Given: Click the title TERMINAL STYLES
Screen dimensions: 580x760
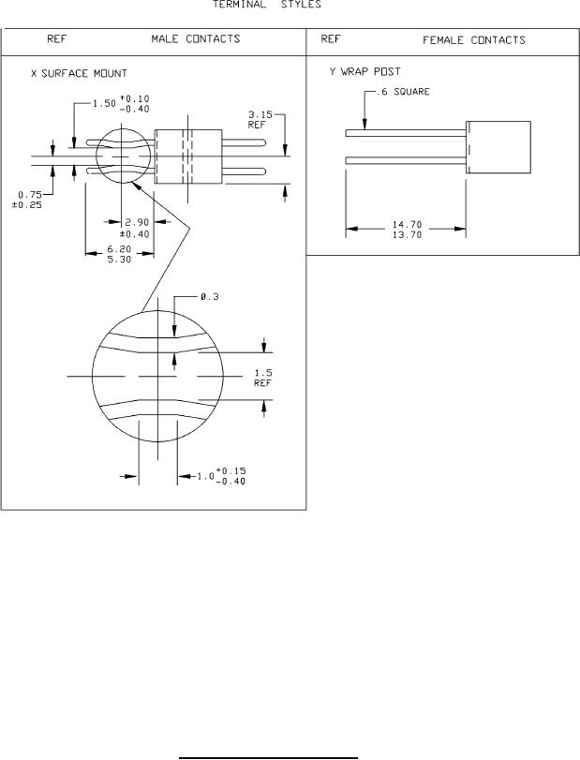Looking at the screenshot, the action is (x=267, y=5).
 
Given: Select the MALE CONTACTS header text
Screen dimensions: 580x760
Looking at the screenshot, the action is (x=196, y=38).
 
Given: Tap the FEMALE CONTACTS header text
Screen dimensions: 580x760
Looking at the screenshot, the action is (x=474, y=39).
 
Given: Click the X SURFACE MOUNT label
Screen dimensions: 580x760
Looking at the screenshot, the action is (x=79, y=74).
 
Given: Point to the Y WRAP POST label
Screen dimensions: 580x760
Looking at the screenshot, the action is (x=364, y=72).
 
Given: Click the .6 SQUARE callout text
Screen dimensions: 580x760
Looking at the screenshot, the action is (x=403, y=92).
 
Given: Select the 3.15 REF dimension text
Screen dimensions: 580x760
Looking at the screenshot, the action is (x=260, y=120).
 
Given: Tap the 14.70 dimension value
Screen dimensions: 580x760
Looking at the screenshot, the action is (x=407, y=224).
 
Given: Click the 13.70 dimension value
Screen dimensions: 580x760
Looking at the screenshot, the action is (x=407, y=234).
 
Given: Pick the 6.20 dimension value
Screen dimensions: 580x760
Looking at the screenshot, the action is (x=119, y=249).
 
